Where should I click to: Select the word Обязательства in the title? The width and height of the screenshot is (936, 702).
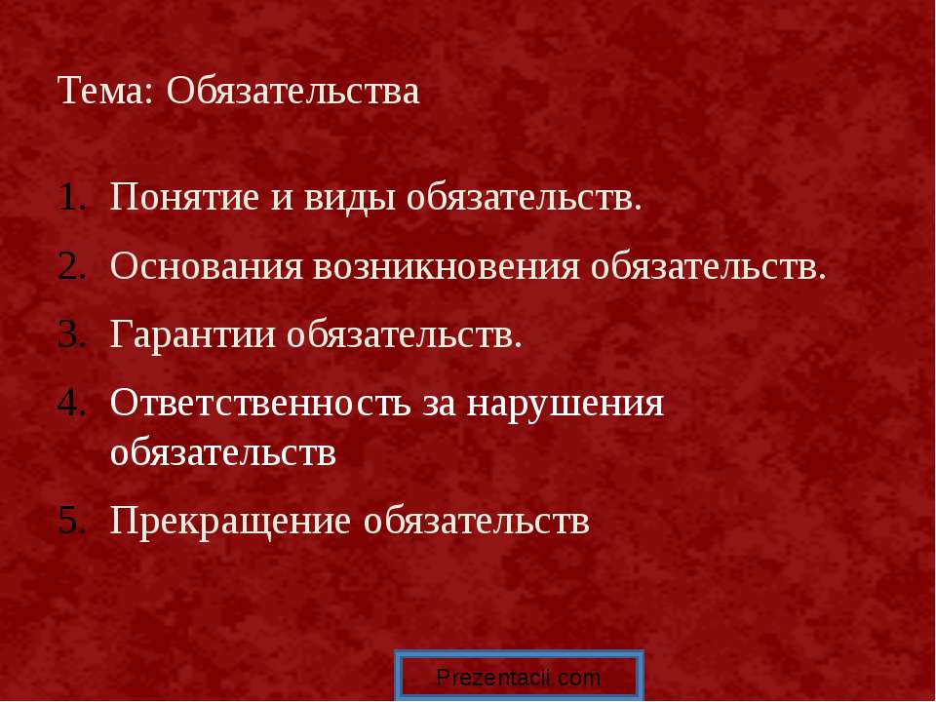(293, 92)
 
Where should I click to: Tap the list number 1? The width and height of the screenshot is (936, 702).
(73, 198)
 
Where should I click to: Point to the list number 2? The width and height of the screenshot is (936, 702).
(73, 266)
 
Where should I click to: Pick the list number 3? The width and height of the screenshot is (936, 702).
(73, 334)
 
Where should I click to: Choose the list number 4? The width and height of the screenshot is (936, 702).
(73, 403)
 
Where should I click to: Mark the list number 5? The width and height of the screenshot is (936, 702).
(73, 520)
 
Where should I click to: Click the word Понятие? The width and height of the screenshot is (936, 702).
(184, 198)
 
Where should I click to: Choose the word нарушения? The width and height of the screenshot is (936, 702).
(565, 403)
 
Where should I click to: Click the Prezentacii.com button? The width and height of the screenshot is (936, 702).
(519, 678)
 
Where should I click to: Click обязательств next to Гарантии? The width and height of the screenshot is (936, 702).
(404, 334)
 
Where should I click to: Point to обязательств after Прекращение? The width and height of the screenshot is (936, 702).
(476, 520)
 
